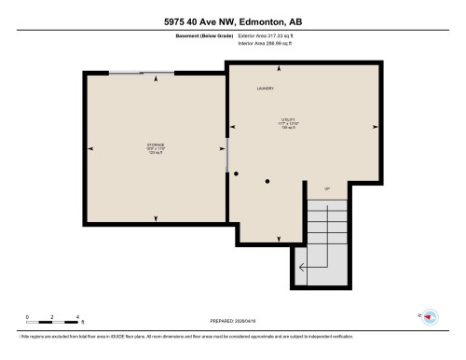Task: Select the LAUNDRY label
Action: (x=266, y=89)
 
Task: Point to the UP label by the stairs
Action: (x=327, y=189)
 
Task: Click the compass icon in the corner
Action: (x=430, y=317)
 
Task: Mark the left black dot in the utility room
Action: (x=237, y=173)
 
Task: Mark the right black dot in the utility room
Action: (x=267, y=181)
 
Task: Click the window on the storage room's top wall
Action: (x=141, y=73)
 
